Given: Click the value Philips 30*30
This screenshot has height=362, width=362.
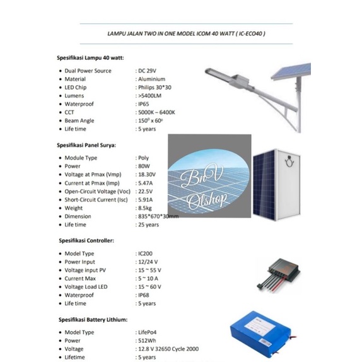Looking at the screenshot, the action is pyautogui.click(x=155, y=87).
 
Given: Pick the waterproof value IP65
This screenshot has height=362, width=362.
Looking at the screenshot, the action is pyautogui.click(x=144, y=103).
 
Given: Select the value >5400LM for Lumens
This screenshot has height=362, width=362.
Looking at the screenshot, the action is pyautogui.click(x=150, y=95).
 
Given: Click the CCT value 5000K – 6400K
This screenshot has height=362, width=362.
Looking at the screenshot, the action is pyautogui.click(x=156, y=112).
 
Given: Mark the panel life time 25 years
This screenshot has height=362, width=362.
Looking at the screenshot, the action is pyautogui.click(x=148, y=225).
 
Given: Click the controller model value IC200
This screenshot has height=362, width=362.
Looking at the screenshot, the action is pyautogui.click(x=145, y=254).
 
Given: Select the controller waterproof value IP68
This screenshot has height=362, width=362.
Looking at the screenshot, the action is pyautogui.click(x=144, y=295).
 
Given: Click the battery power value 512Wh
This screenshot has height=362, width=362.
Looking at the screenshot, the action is pyautogui.click(x=147, y=340).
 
